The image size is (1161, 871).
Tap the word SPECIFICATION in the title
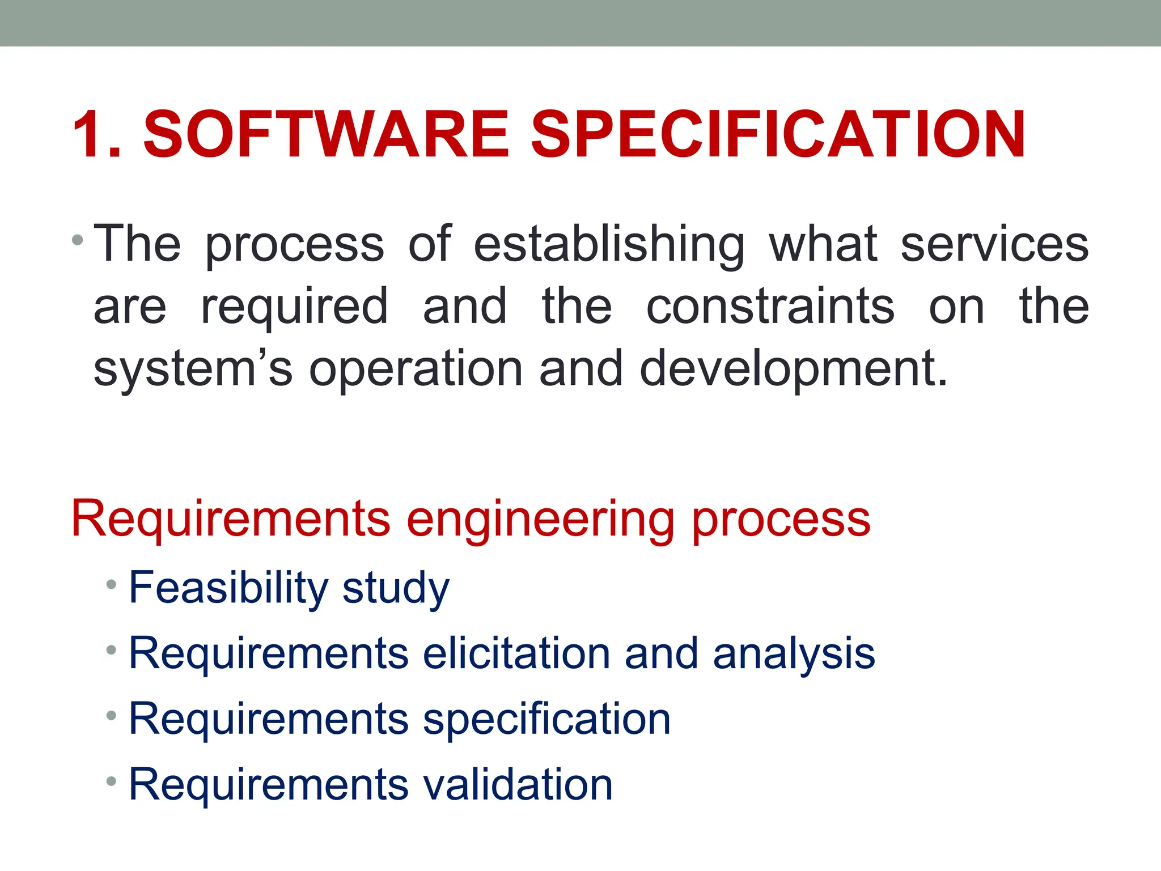(778, 134)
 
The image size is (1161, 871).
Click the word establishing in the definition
(609, 245)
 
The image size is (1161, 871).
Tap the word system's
(193, 369)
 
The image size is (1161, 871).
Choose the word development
(794, 369)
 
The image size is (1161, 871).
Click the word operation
(416, 369)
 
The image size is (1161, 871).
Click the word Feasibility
(228, 588)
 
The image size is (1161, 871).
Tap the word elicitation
(516, 653)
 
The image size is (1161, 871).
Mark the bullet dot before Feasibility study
(111, 584)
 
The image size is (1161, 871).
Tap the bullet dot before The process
(78, 240)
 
